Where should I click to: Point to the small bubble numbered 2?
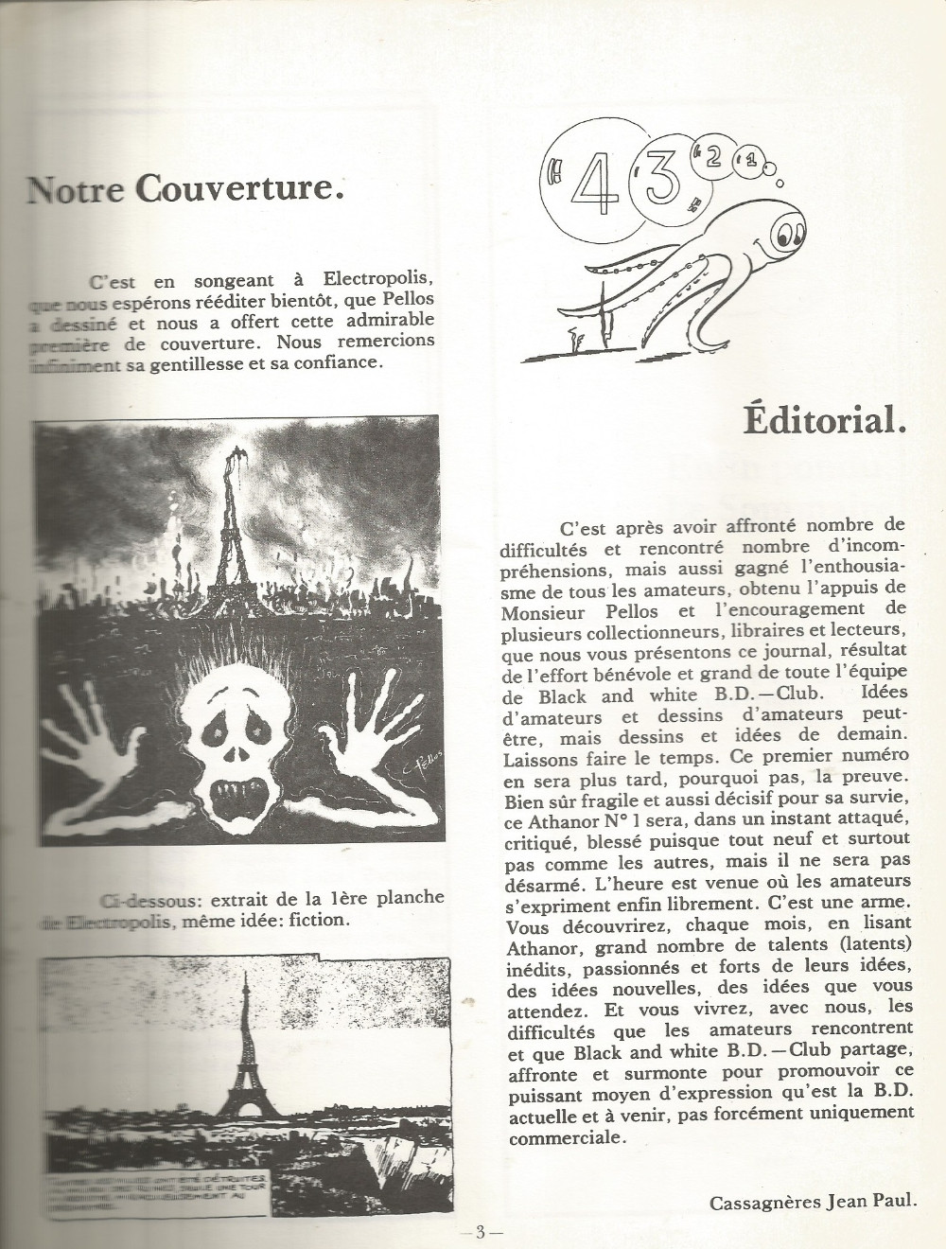pos(713,157)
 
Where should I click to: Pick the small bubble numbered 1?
pos(751,163)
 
